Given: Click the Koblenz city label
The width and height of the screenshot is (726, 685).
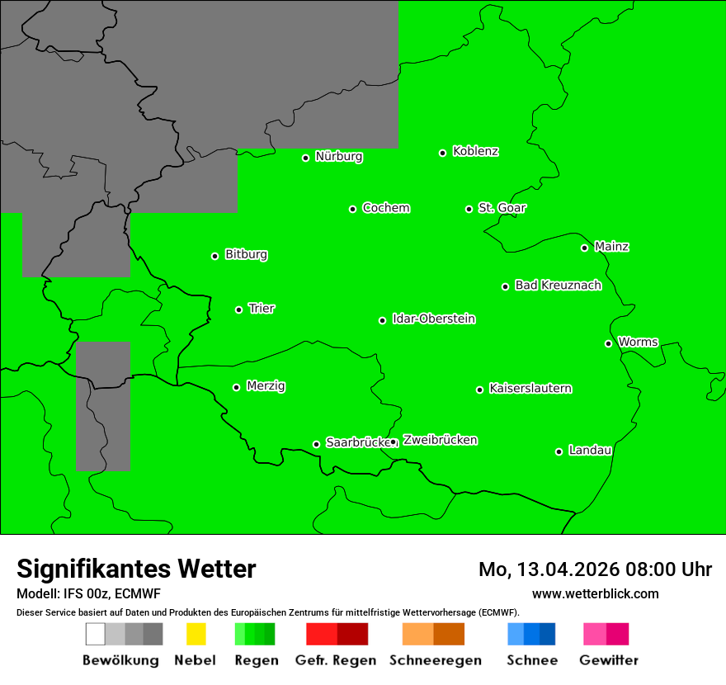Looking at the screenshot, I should point(475,151).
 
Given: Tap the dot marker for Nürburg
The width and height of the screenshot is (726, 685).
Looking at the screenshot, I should point(305,158).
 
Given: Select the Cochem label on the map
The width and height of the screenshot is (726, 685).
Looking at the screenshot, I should point(386,208).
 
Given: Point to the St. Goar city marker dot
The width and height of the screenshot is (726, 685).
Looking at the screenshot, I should point(469,209).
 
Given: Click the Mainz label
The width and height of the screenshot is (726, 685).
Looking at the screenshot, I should point(611,247).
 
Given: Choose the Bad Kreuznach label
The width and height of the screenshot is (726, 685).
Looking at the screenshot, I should point(558,286).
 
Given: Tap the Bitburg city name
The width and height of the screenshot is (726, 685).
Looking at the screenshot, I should point(246,255).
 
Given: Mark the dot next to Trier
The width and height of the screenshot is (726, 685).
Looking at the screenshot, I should point(238,309).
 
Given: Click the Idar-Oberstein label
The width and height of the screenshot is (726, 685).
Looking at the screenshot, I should point(434,319).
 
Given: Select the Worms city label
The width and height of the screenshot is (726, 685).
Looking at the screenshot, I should point(638,342).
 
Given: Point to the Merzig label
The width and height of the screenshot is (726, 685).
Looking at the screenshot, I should point(266,386).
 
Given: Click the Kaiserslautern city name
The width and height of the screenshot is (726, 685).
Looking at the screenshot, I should point(530,389).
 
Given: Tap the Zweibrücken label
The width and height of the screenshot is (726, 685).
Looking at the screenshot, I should point(440,440).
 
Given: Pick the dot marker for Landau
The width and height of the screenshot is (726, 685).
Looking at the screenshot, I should point(559,451).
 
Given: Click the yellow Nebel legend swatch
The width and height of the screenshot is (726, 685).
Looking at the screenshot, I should point(196,634).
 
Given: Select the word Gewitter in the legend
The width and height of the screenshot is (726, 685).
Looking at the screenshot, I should point(608,660).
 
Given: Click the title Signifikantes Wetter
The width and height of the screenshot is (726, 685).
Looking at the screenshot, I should point(136,569).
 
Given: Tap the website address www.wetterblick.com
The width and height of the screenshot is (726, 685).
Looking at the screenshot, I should point(595,594).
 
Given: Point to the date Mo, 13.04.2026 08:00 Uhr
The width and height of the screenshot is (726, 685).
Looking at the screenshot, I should point(595,569).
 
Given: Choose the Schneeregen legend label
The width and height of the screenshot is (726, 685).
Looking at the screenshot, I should point(435,660).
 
